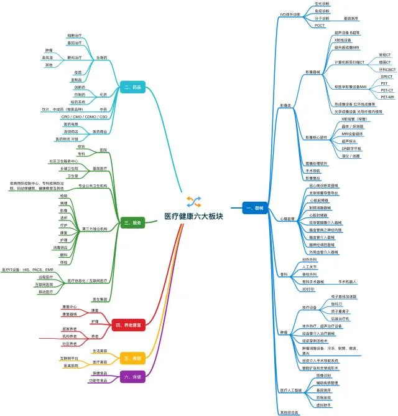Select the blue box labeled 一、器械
click(254, 207)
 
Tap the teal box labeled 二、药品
click(134, 88)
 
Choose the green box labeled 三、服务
click(132, 222)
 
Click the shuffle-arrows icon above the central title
click(193, 201)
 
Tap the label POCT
click(320, 26)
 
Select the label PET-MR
click(387, 97)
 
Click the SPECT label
click(386, 77)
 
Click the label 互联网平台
click(69, 359)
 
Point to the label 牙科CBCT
click(386, 70)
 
